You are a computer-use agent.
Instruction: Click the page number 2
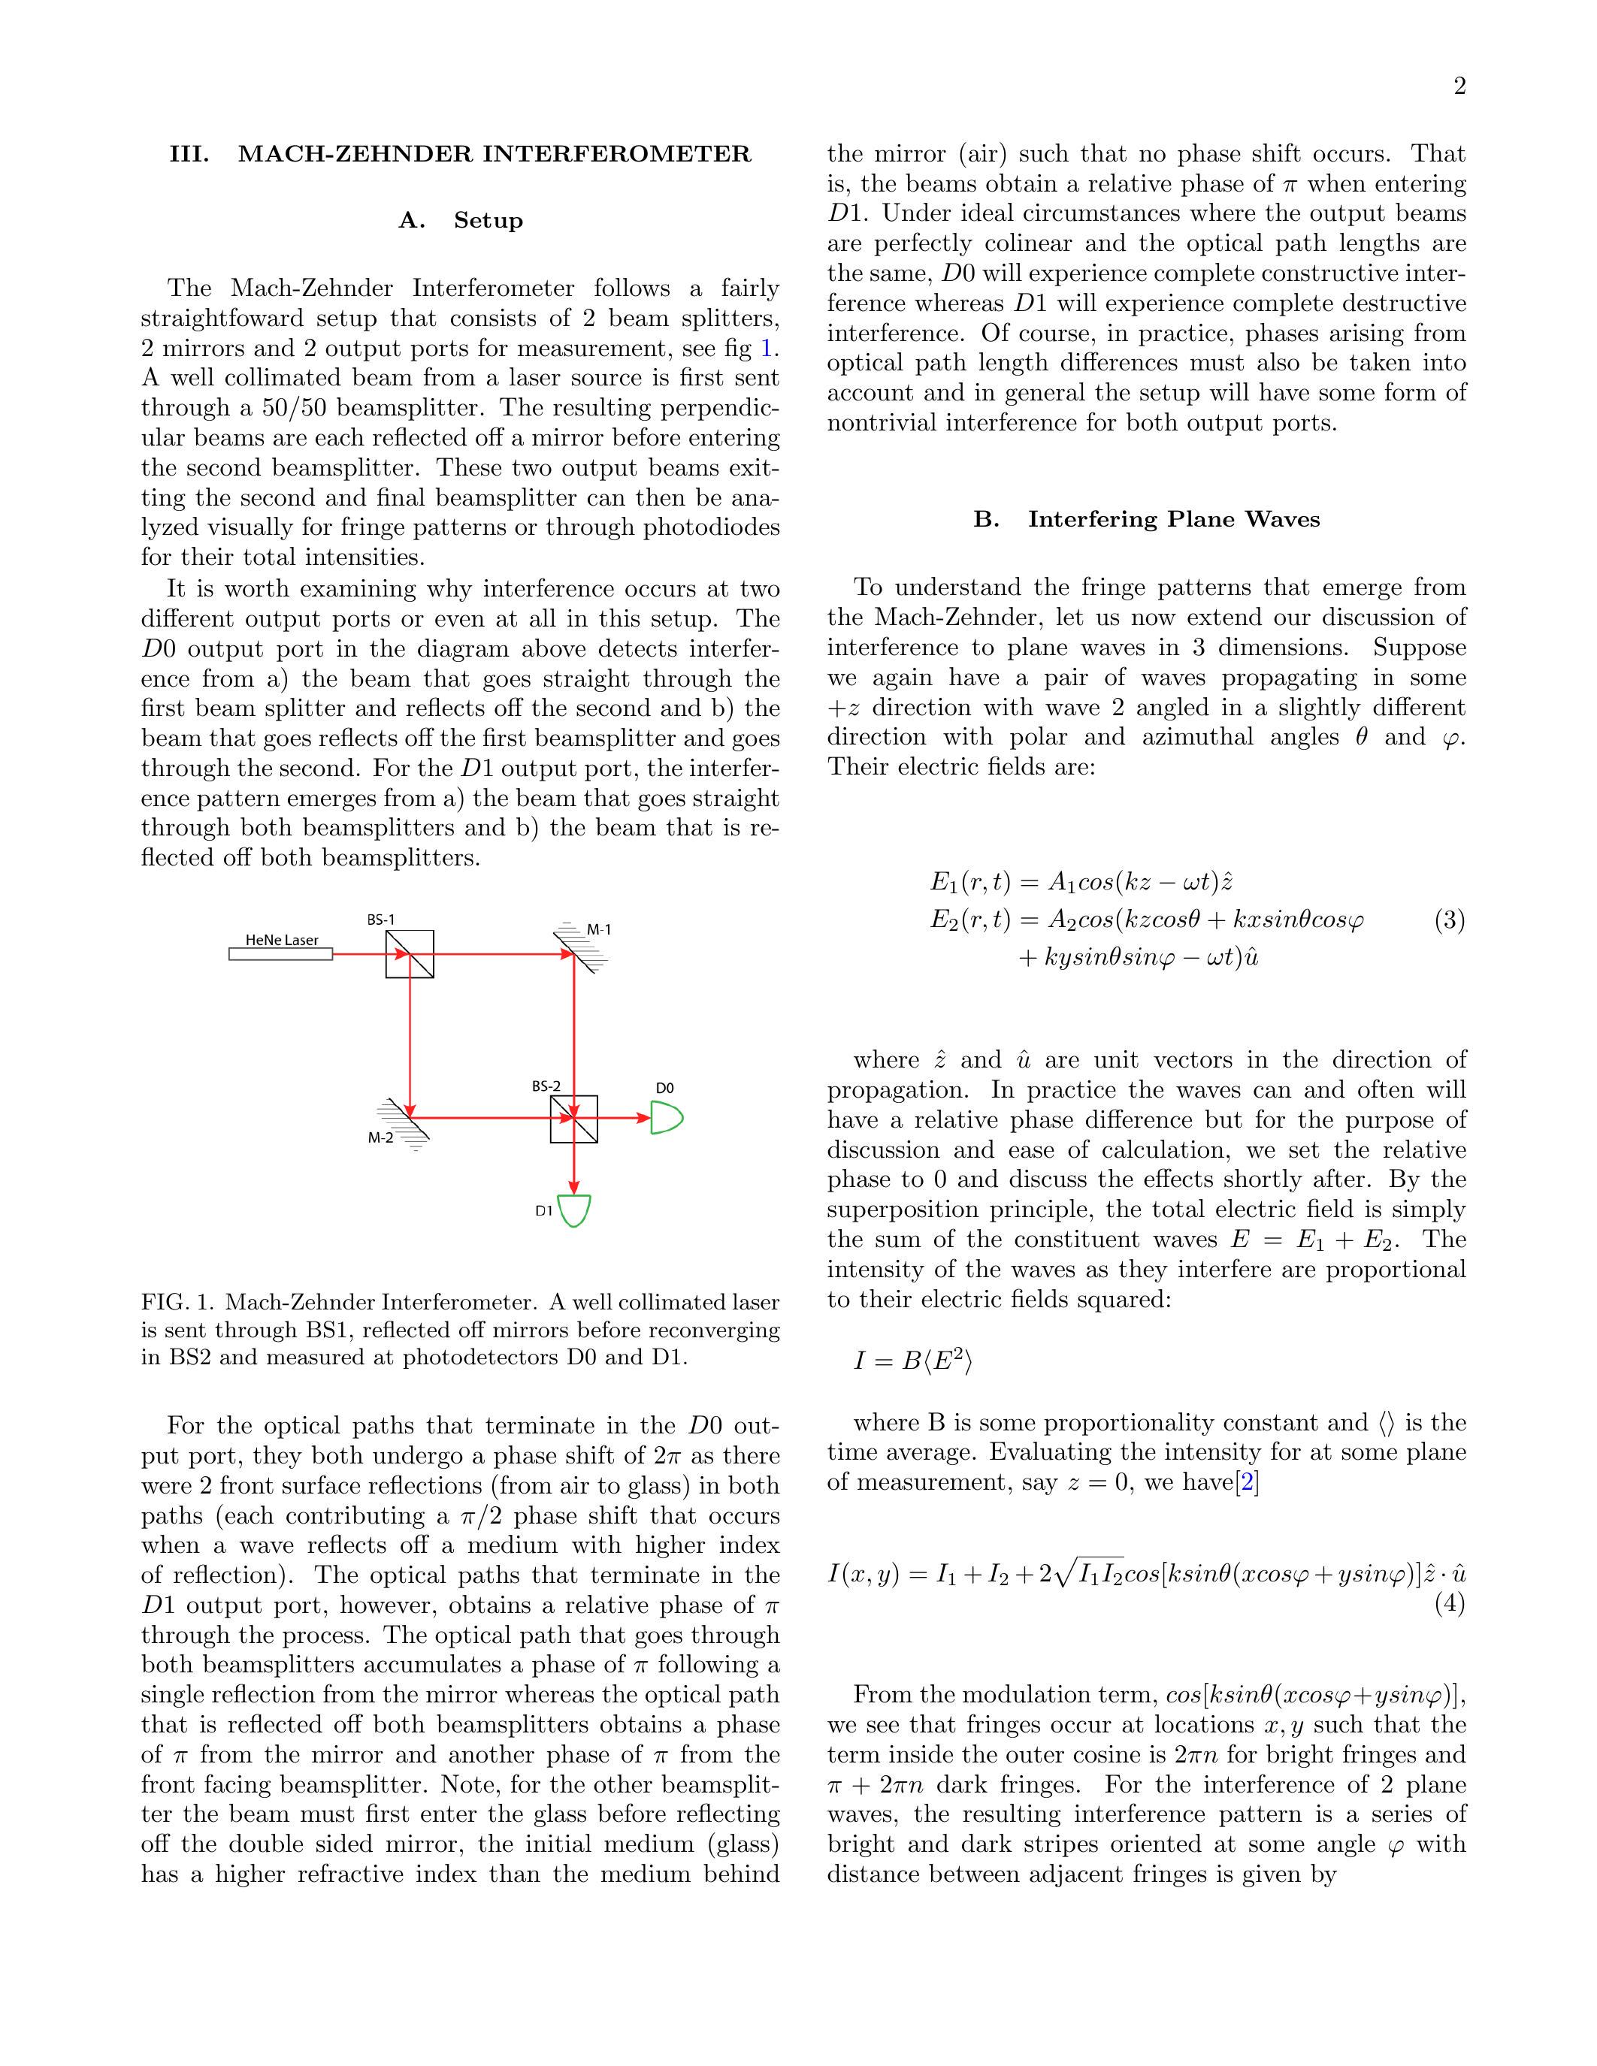[1459, 87]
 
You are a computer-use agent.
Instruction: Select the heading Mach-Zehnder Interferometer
[460, 154]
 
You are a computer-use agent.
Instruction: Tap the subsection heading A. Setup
[460, 220]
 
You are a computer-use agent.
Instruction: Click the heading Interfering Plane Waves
[1146, 519]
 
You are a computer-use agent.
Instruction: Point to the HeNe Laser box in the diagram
[280, 953]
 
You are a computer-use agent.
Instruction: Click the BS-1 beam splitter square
[410, 953]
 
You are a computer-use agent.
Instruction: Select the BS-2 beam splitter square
[573, 1118]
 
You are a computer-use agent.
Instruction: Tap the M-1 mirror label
[599, 930]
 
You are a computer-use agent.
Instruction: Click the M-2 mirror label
[380, 1138]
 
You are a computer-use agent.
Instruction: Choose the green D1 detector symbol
[573, 1211]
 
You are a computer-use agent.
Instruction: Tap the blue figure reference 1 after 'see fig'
[767, 348]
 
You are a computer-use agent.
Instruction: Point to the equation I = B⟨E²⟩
[912, 1361]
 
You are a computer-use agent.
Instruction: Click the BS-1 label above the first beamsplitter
[380, 920]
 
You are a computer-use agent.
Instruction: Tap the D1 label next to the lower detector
[543, 1211]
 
